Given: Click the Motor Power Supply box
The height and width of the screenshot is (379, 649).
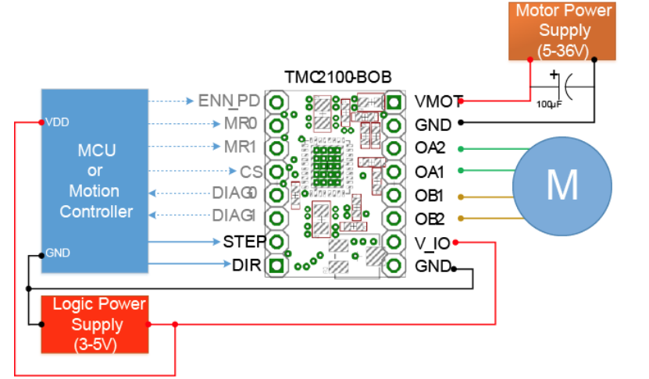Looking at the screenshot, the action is [562, 31].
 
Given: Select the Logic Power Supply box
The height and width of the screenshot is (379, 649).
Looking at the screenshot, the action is [94, 324].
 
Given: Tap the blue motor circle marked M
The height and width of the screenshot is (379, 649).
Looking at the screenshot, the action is [562, 186].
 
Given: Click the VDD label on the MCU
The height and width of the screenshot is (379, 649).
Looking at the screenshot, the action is [57, 122].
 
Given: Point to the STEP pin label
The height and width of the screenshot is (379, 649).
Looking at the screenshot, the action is [244, 242].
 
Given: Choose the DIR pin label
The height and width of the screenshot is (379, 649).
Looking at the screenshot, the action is [247, 265].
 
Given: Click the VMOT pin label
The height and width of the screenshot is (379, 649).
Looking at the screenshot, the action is [438, 101].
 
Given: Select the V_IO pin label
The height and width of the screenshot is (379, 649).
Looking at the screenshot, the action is [432, 243].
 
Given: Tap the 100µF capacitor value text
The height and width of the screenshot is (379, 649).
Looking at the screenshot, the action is [549, 104].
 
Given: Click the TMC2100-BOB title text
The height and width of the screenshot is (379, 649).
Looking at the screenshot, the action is [337, 77].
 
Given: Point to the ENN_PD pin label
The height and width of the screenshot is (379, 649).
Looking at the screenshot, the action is [229, 101].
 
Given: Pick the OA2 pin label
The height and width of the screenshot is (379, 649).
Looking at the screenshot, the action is [430, 148].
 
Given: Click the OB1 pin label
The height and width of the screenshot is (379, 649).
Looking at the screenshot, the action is [429, 196].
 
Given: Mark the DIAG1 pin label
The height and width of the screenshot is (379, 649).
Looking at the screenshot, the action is [234, 215].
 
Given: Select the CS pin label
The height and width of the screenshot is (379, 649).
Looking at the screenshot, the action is [251, 172].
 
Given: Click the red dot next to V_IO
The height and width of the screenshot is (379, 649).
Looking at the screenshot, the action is [455, 243].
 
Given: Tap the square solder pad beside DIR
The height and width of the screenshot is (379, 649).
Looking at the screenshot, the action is [276, 265].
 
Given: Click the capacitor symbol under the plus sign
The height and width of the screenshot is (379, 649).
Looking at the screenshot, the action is [565, 87].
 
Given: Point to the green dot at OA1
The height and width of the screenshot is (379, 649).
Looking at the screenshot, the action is [461, 171].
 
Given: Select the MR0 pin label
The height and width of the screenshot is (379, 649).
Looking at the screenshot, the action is [241, 123].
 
